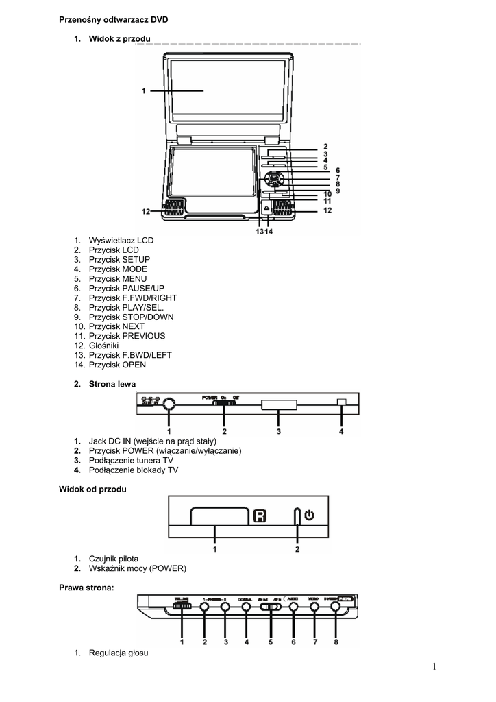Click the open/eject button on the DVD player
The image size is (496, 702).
[x=266, y=208]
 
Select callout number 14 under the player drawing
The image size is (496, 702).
[x=269, y=231]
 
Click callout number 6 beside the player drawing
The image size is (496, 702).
[x=338, y=171]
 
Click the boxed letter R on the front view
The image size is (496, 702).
[x=259, y=515]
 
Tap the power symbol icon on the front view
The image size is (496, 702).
[x=309, y=514]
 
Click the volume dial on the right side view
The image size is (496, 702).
[x=182, y=606]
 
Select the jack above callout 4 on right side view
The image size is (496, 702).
[x=246, y=606]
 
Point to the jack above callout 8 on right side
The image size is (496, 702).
[x=335, y=606]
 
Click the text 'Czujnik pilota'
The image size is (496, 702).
[x=118, y=559]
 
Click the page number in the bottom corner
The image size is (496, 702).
[x=435, y=666]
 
